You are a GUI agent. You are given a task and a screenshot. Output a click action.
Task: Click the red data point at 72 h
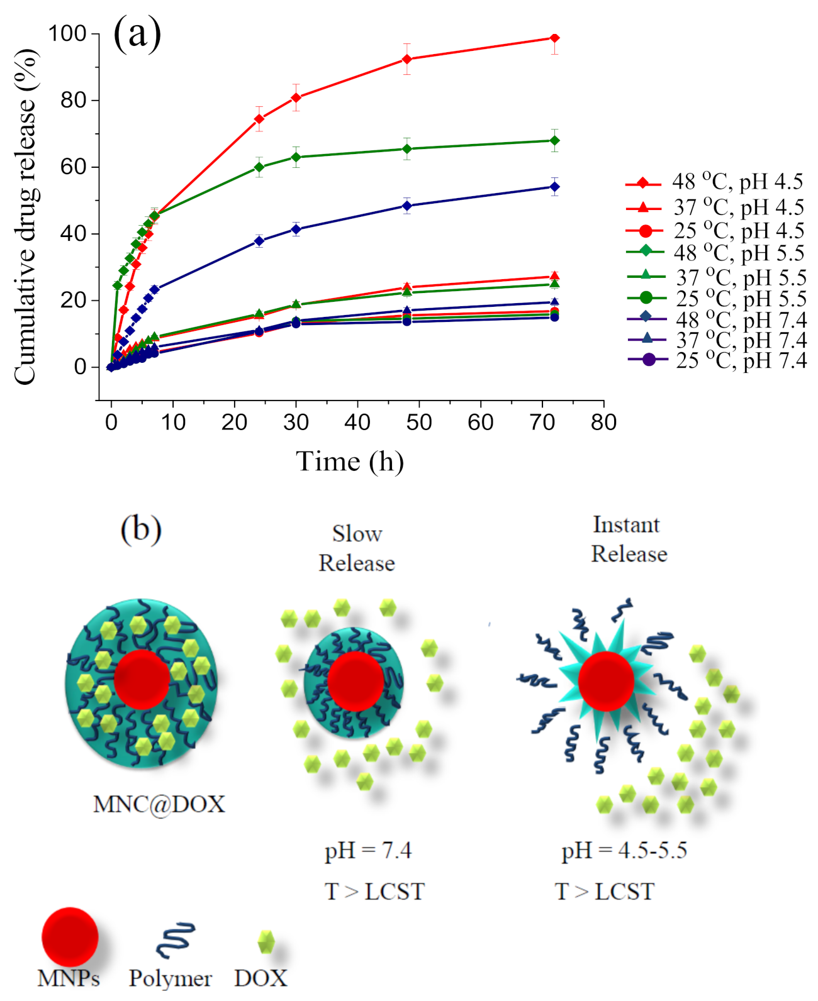[x=554, y=38]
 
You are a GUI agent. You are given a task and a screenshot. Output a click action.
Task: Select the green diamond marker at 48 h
[x=406, y=149]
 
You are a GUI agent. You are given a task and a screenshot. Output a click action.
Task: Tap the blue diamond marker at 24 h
[x=259, y=241]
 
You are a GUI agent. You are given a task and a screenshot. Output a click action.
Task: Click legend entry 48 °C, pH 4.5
[x=714, y=183]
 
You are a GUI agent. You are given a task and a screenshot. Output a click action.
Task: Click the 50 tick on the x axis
[x=418, y=423]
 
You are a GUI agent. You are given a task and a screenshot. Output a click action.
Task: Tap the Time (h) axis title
[x=350, y=462]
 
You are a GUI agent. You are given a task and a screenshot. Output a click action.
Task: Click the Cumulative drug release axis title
[x=25, y=217]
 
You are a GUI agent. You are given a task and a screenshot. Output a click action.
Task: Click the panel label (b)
[x=140, y=529]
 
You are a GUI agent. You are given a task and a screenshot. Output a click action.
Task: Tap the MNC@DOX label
[x=159, y=804]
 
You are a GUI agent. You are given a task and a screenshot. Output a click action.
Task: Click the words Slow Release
[x=357, y=549]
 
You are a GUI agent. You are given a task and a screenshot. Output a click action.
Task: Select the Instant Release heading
[x=628, y=539]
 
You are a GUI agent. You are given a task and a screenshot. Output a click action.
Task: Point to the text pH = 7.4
[x=368, y=851]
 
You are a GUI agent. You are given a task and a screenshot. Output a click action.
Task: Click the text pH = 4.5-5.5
[x=624, y=851]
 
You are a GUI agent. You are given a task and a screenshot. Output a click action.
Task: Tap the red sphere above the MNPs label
[x=70, y=936]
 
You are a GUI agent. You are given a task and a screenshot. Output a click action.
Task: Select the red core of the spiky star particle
[x=605, y=681]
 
